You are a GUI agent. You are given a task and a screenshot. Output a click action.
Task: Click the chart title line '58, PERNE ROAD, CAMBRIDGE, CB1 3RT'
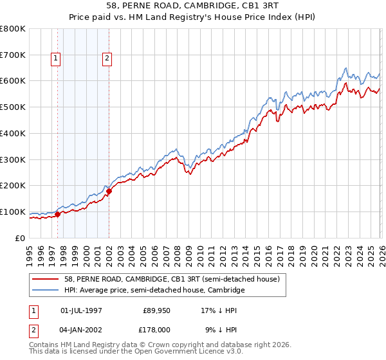pyautogui.click(x=192, y=6)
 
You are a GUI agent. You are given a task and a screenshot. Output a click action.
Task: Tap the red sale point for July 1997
pyautogui.click(x=58, y=214)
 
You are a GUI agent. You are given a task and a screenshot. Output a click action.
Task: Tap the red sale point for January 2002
pyautogui.click(x=109, y=191)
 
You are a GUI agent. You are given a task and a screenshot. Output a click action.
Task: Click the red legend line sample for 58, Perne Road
pyautogui.click(x=46, y=280)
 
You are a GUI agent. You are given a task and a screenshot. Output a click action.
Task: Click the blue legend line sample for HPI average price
pyautogui.click(x=46, y=291)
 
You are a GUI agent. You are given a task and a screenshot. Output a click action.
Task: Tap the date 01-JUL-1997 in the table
pyautogui.click(x=80, y=310)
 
